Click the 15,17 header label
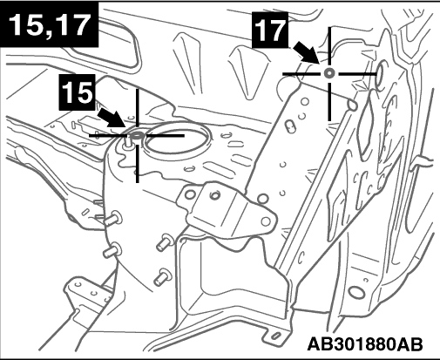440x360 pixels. point(49,24)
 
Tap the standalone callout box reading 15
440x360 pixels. point(78,92)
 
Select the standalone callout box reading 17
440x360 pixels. point(270,30)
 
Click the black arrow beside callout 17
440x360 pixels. point(307,52)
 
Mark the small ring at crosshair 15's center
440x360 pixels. point(137,135)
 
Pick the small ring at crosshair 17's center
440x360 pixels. point(329,73)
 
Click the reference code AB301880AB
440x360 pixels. point(365,344)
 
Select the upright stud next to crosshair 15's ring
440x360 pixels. point(127,142)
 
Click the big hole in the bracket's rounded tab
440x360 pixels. point(266,221)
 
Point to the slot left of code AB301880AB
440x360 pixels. point(275,336)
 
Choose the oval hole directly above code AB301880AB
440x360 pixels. point(356,292)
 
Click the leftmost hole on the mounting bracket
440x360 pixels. point(190,194)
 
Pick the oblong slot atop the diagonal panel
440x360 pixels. point(290,126)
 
